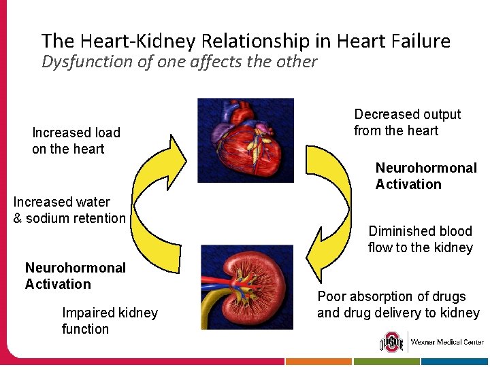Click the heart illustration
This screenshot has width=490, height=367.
246,140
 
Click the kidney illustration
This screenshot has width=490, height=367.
247,287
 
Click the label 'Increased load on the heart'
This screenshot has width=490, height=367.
76,141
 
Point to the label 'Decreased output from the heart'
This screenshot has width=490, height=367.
407,122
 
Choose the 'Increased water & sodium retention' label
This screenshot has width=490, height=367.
69,210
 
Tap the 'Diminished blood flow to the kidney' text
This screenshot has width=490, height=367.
420,239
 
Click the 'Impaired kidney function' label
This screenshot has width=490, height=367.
110,321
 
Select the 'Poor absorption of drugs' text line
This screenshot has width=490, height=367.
391,297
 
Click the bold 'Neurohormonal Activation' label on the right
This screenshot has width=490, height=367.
426,176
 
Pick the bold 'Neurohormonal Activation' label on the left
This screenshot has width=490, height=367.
75,276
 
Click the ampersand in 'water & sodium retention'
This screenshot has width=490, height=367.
18,219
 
